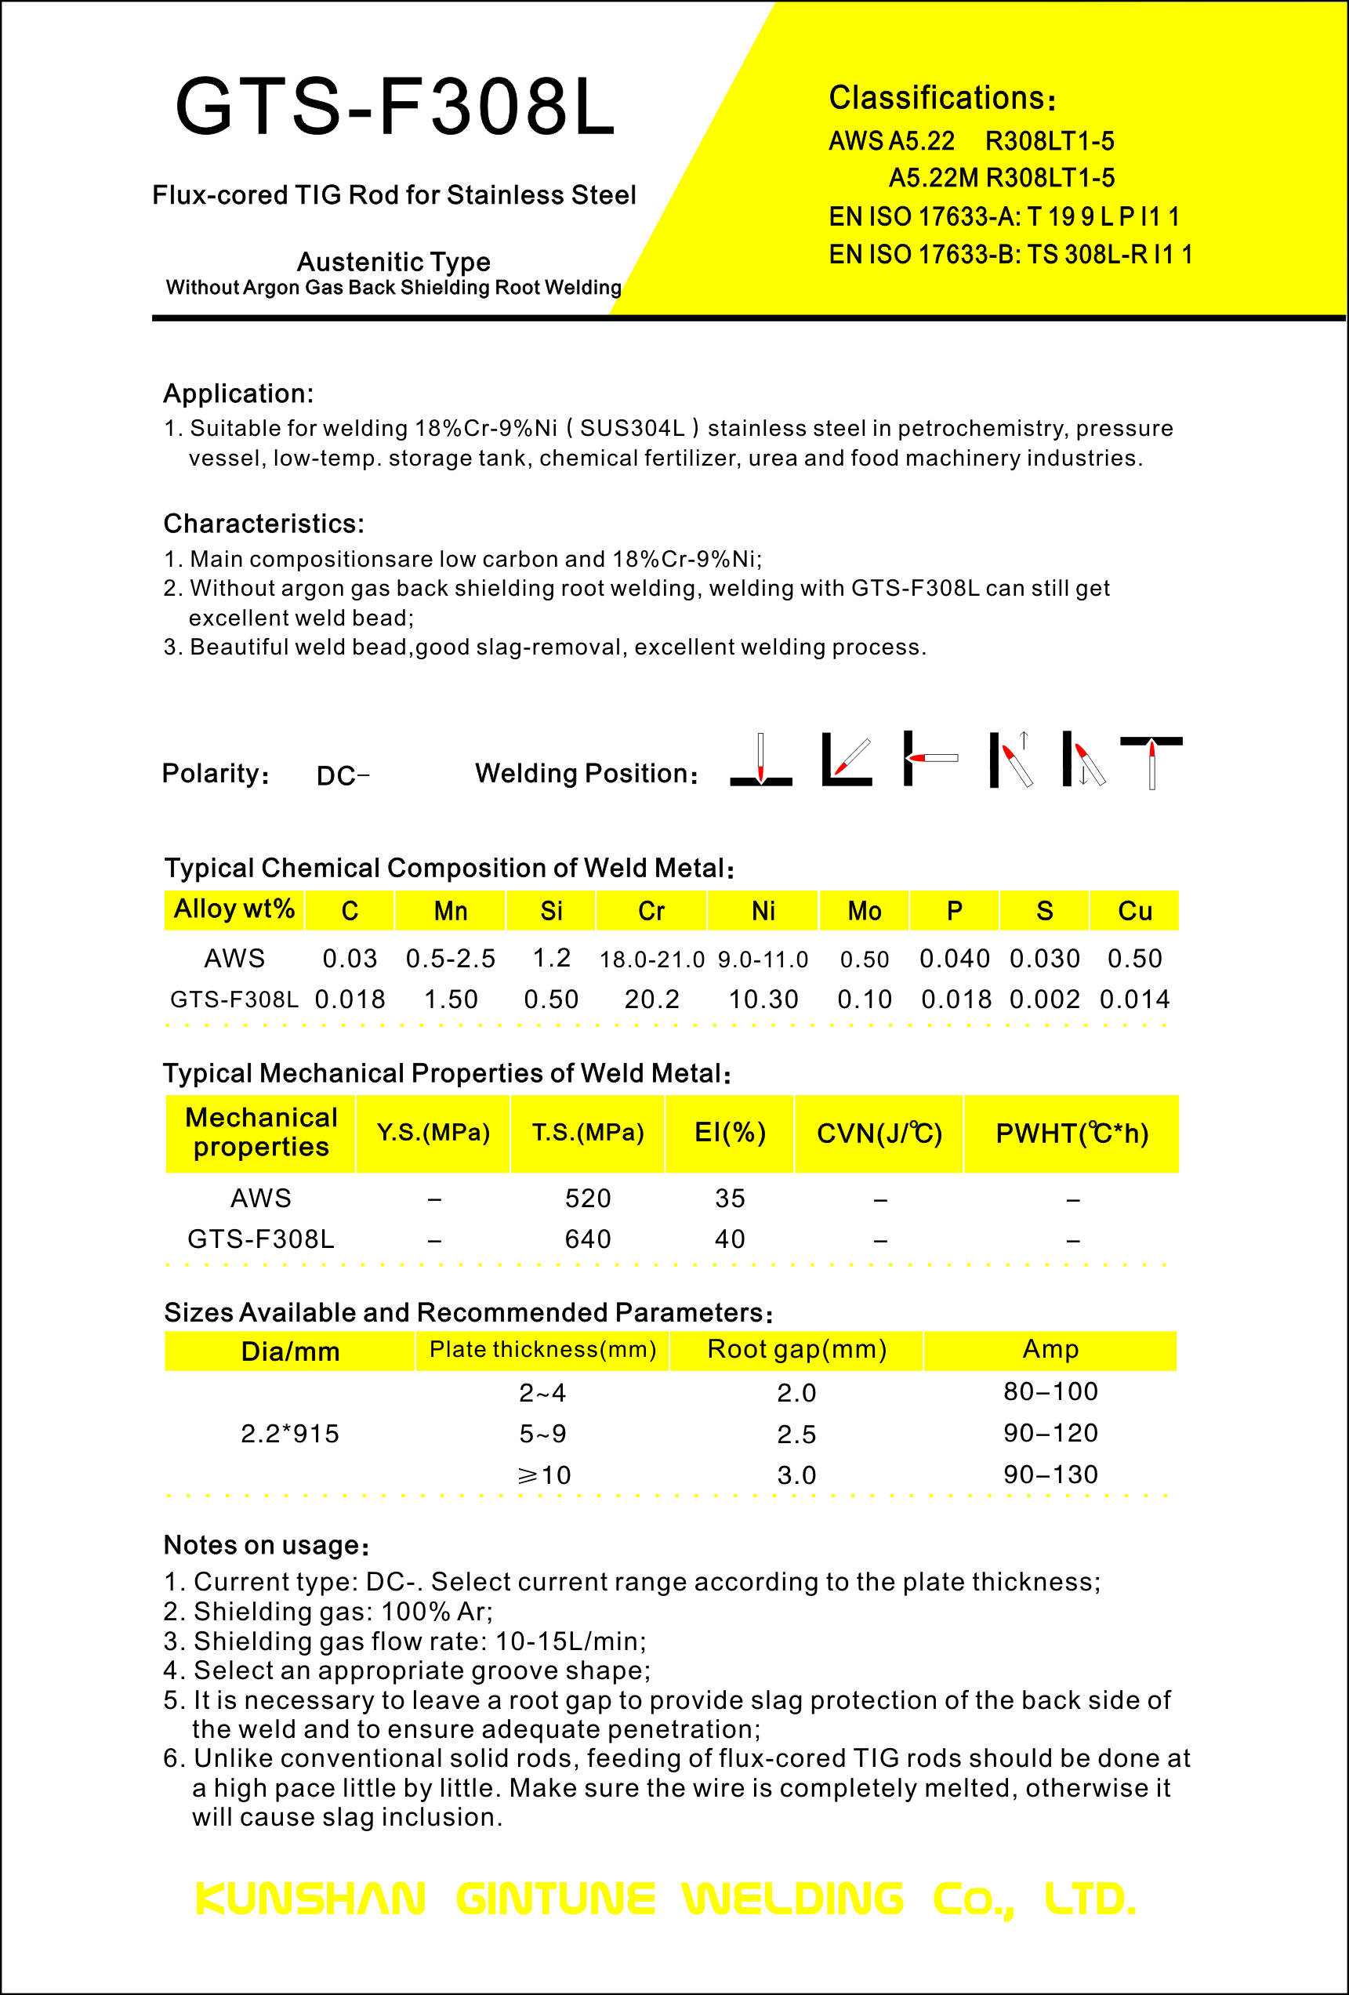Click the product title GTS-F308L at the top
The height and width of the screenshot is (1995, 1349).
pos(395,107)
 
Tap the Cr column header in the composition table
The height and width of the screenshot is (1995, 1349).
pos(651,911)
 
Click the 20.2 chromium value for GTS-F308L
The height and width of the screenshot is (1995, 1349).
pos(651,999)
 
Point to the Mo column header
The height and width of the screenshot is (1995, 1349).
pos(864,911)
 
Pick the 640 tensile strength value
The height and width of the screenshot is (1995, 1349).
pos(588,1239)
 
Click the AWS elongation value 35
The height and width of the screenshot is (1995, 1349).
pos(731,1199)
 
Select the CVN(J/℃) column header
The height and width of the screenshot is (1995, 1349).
pos(879,1134)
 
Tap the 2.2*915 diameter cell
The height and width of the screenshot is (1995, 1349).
pos(290,1434)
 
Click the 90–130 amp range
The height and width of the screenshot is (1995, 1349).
pos(1050,1474)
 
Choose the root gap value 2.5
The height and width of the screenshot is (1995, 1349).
pos(796,1434)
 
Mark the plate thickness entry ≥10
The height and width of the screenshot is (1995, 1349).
pos(544,1475)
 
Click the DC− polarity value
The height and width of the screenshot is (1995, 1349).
pos(343,776)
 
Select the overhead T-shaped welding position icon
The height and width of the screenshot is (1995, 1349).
pos(1151,760)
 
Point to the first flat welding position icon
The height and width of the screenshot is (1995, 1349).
pos(761,760)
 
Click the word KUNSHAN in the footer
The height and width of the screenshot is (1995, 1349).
pos(310,1899)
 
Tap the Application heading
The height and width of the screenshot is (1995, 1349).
pos(238,394)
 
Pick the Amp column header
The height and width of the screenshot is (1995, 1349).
pos(1050,1349)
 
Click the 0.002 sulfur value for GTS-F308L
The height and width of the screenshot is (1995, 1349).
pos(1044,999)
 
